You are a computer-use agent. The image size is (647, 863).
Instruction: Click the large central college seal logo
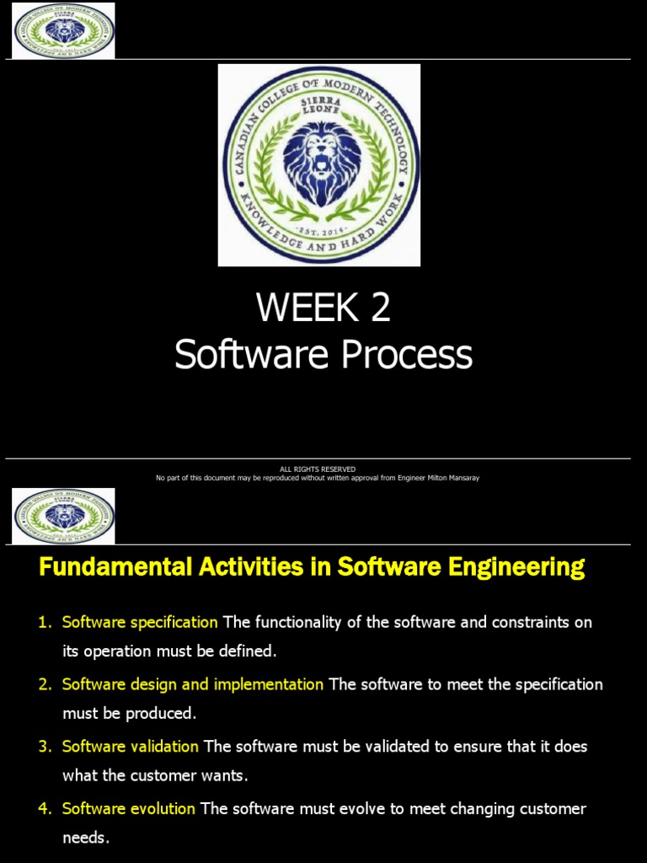click(x=319, y=165)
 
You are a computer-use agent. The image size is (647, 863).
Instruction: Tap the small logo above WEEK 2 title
click(x=63, y=31)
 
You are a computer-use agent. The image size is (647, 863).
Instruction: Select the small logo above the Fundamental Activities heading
click(x=63, y=516)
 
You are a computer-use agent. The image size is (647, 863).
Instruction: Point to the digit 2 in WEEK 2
click(x=380, y=308)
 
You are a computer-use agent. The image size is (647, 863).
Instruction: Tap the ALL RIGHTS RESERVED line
click(x=318, y=469)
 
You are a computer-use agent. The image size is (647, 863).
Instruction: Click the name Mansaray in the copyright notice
click(x=460, y=478)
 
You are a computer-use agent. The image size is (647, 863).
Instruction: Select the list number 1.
click(x=45, y=623)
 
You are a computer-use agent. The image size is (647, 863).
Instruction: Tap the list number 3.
click(x=45, y=747)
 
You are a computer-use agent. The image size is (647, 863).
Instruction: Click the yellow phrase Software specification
click(x=140, y=623)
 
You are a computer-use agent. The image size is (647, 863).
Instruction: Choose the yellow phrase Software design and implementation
click(x=193, y=684)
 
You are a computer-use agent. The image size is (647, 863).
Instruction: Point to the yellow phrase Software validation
click(x=131, y=747)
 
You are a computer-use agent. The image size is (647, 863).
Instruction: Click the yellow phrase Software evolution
click(x=129, y=809)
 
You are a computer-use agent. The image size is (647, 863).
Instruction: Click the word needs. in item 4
click(x=86, y=838)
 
